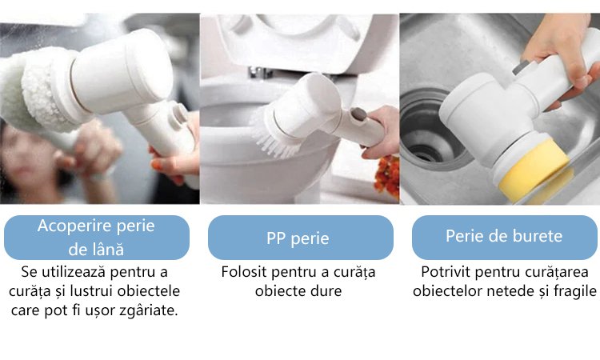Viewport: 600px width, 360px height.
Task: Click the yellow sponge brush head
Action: pyautogui.click(x=534, y=170)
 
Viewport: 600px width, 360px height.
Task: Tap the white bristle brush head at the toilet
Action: pyautogui.click(x=274, y=134)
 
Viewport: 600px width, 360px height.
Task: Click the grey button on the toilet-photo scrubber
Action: pyautogui.click(x=358, y=114)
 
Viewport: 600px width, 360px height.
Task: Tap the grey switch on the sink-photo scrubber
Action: pyautogui.click(x=521, y=67)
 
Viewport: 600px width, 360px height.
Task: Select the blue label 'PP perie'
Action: pyautogui.click(x=300, y=238)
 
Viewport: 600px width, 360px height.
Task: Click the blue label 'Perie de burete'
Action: pyautogui.click(x=504, y=237)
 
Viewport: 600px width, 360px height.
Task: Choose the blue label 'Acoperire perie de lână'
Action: pyautogui.click(x=97, y=238)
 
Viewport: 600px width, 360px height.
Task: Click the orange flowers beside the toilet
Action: pyautogui.click(x=387, y=177)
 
